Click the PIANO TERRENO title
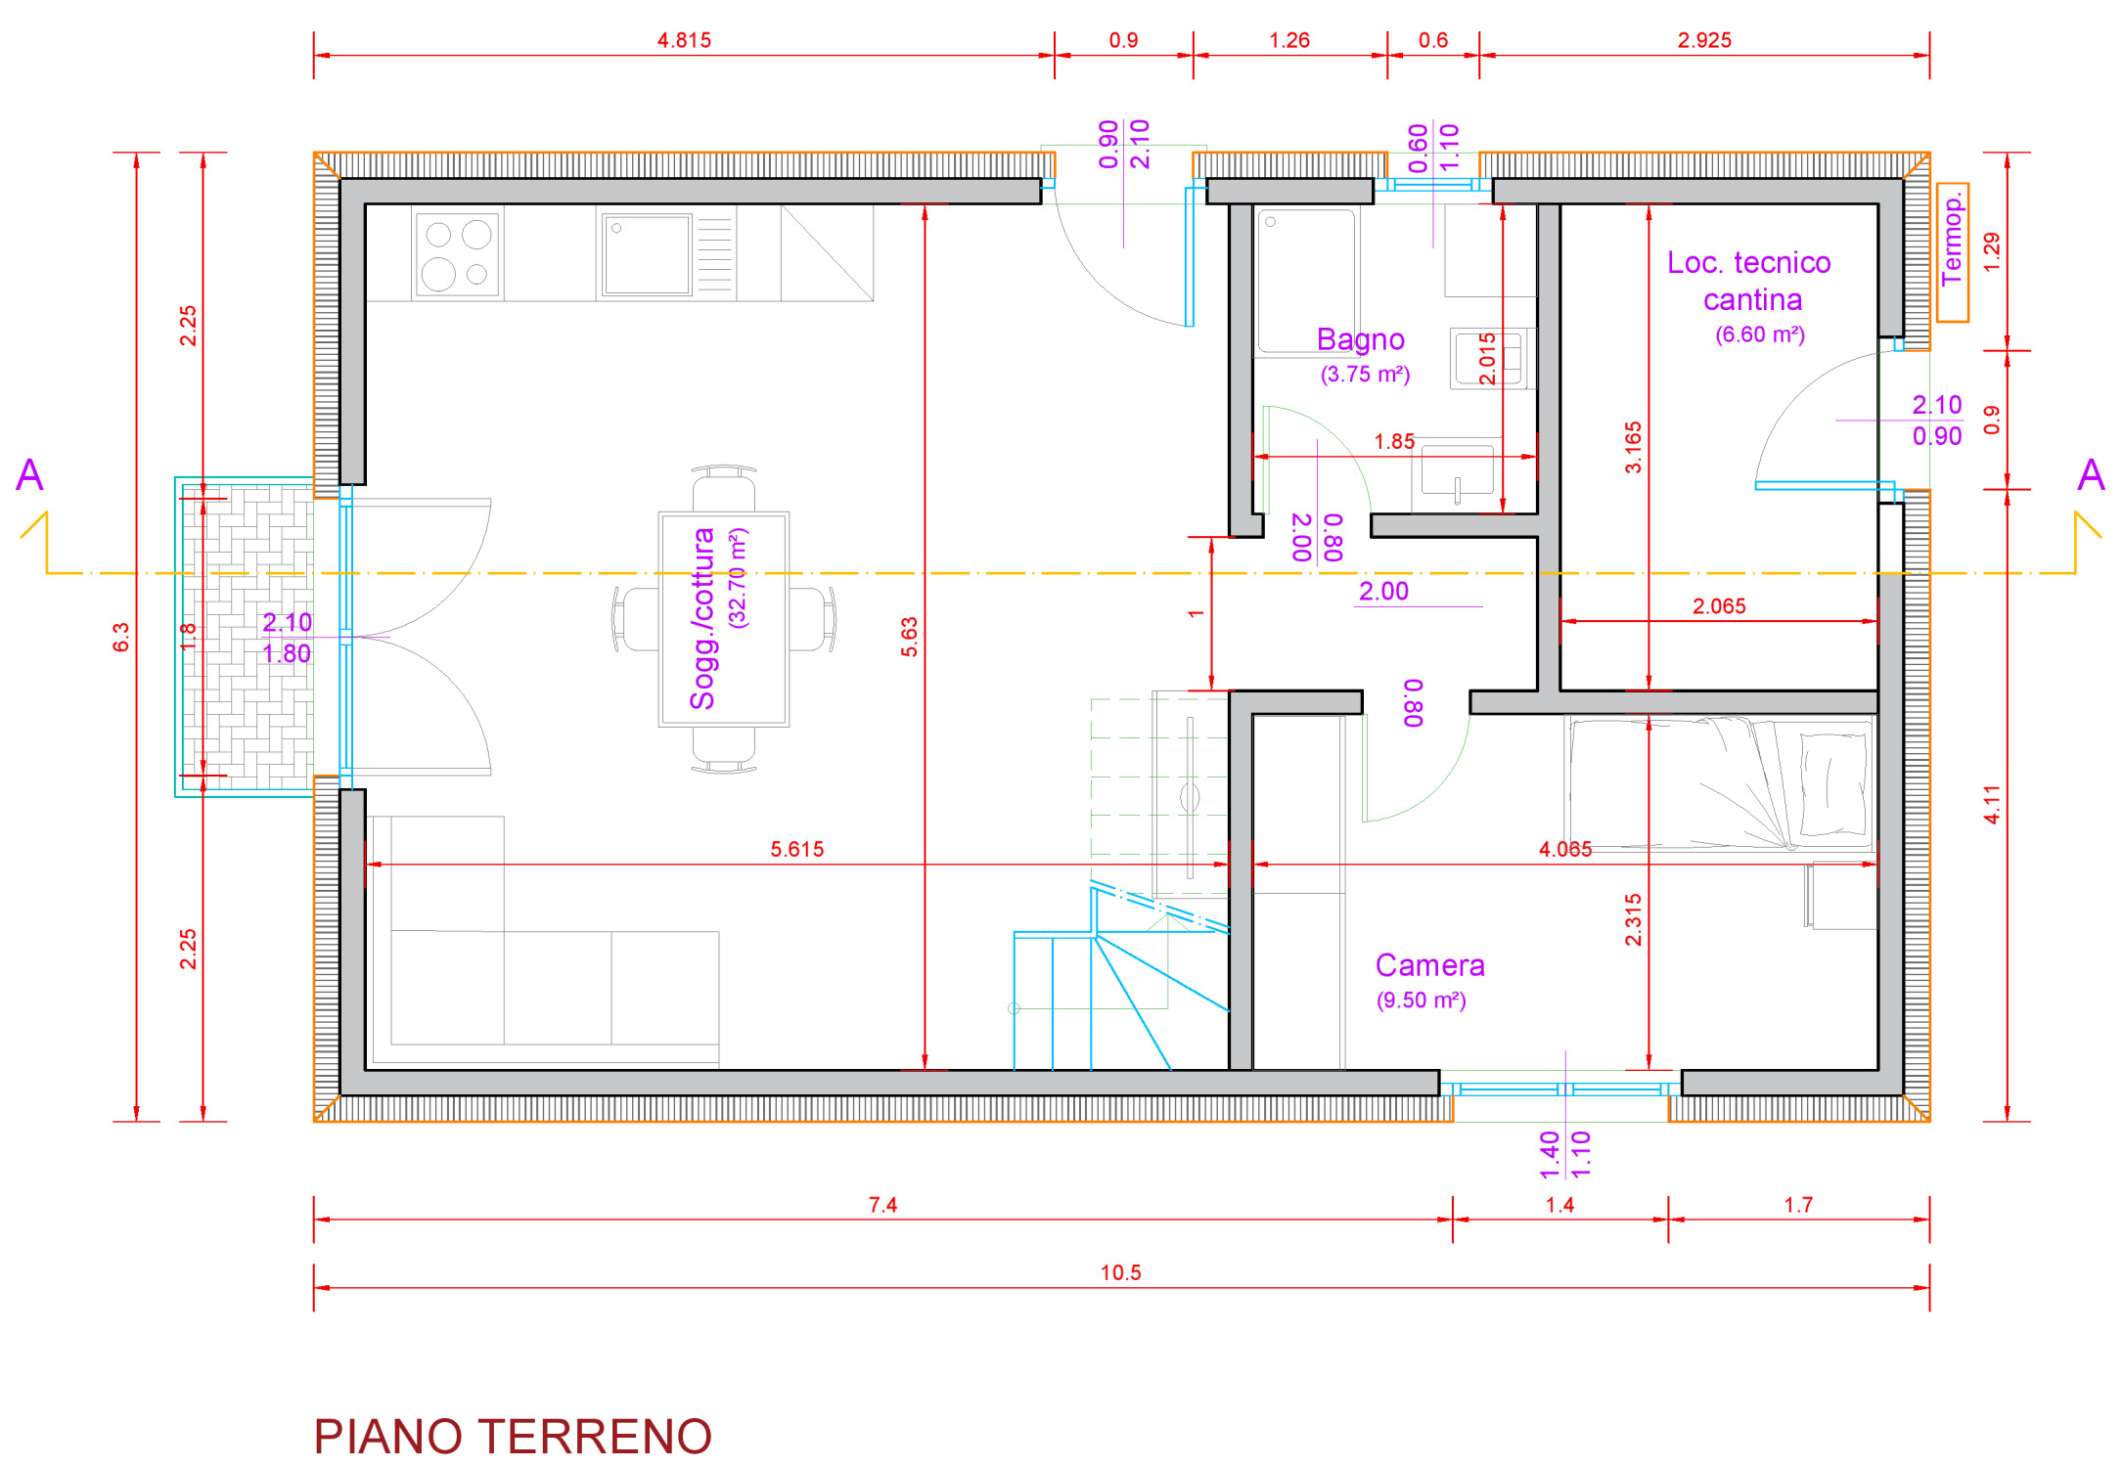(513, 1437)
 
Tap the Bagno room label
(1361, 339)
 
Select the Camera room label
(1429, 965)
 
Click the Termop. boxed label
(1953, 252)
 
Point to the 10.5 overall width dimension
(1121, 1272)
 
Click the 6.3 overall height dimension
(120, 637)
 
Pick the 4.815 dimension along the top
(684, 40)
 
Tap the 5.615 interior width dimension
(797, 849)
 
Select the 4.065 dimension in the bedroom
(1565, 849)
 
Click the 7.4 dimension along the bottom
(882, 1205)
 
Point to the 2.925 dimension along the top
(1704, 40)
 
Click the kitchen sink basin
(647, 254)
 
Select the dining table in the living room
(724, 619)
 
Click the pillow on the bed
(1832, 783)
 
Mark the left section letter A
(30, 475)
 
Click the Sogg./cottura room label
(702, 618)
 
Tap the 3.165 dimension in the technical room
(1633, 448)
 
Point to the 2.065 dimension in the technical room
(1719, 606)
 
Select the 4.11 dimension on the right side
(1992, 805)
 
